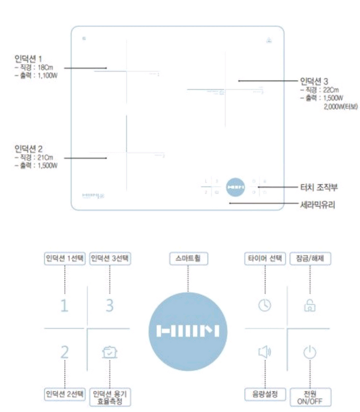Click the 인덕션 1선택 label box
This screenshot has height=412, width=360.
pyautogui.click(x=64, y=258)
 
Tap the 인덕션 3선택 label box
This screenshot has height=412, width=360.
pyautogui.click(x=110, y=258)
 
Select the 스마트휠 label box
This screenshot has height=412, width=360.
pyautogui.click(x=188, y=258)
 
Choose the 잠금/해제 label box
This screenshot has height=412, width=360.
pyautogui.click(x=311, y=258)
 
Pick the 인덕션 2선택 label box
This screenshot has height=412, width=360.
pyautogui.click(x=64, y=394)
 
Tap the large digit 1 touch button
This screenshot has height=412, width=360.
pyautogui.click(x=64, y=304)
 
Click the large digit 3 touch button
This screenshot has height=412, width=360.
pyautogui.click(x=109, y=304)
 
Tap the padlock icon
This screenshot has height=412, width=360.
pyautogui.click(x=310, y=304)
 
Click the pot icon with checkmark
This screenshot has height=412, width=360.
pyautogui.click(x=110, y=353)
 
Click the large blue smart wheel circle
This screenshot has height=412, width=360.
pyautogui.click(x=188, y=331)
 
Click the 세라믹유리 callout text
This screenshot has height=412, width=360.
pyautogui.click(x=317, y=204)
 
